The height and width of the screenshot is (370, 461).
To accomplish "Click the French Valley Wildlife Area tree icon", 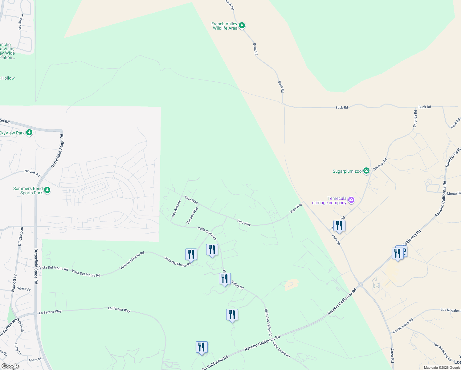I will point(242,26).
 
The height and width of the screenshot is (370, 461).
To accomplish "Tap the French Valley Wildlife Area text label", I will point(224,26).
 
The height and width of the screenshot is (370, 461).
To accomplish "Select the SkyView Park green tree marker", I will point(29,133).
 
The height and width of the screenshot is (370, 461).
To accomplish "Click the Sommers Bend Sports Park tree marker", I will point(47,190).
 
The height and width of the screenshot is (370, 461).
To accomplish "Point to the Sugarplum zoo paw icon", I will point(366,171).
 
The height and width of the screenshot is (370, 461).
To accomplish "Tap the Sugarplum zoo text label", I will point(347,171).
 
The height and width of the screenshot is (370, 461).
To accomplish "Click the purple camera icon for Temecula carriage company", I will point(351,201).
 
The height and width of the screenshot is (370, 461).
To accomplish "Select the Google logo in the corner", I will point(10,366).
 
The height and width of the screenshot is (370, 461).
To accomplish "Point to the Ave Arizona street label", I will point(176,209).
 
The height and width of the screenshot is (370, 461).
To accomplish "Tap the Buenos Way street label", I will point(192,216).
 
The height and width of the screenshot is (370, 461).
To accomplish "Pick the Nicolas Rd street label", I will point(32,173).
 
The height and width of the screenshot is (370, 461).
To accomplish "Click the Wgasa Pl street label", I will point(23,289).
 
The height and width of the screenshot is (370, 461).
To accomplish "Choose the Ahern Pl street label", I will point(35,360).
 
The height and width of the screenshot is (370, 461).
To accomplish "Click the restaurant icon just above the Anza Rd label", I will point(339,226).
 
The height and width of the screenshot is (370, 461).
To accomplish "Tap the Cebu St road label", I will point(21,327).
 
